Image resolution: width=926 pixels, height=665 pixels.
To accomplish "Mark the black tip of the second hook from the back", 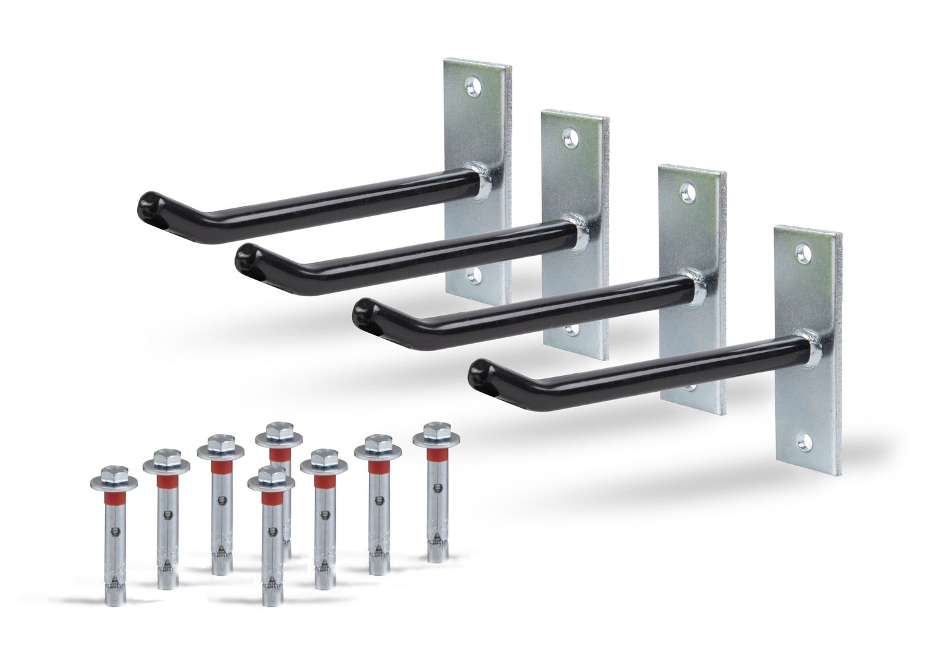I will tap(247, 260).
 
